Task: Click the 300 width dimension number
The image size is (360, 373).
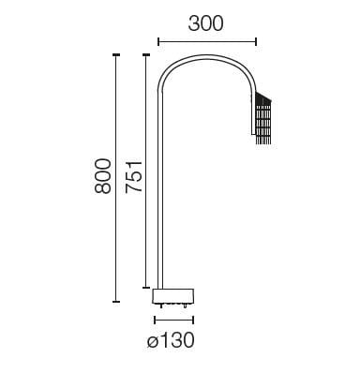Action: click(x=205, y=25)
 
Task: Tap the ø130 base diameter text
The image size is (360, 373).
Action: click(x=171, y=341)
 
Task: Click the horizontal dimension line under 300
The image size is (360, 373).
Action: click(x=206, y=42)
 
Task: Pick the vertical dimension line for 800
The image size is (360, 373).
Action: click(x=116, y=178)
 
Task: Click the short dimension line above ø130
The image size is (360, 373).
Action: click(x=174, y=319)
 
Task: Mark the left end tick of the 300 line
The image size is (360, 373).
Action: click(x=158, y=42)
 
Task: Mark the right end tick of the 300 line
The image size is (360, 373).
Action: click(x=255, y=42)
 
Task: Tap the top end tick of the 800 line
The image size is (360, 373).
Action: click(x=116, y=55)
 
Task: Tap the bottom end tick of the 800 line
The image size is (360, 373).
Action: click(x=116, y=302)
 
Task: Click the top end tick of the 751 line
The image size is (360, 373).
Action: click(x=145, y=55)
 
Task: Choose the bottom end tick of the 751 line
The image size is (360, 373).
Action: click(x=145, y=287)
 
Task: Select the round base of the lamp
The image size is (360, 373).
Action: click(x=174, y=295)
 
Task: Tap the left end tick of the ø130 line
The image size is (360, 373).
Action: click(x=155, y=319)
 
